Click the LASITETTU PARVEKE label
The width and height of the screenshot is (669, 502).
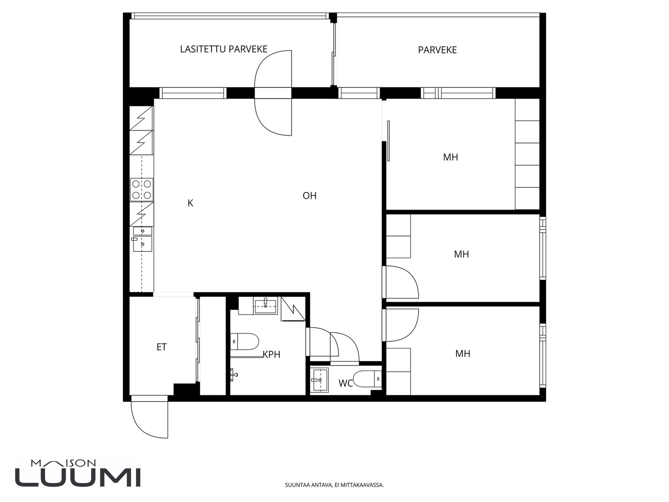[224, 49]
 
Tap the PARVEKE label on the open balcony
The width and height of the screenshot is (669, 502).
[437, 50]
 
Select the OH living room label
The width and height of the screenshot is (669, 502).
[309, 196]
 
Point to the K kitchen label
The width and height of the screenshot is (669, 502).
[190, 203]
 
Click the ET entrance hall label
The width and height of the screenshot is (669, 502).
[161, 347]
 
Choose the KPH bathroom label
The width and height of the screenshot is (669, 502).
[271, 354]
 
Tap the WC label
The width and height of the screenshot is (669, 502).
[346, 384]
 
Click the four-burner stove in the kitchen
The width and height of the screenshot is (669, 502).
[142, 190]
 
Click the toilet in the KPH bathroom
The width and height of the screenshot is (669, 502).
[244, 342]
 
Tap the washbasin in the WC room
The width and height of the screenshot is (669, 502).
[320, 380]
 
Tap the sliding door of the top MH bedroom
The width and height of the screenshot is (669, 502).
[388, 141]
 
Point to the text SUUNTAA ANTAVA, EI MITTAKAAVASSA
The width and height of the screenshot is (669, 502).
[334, 485]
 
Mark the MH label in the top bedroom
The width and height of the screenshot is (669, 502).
[450, 157]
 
